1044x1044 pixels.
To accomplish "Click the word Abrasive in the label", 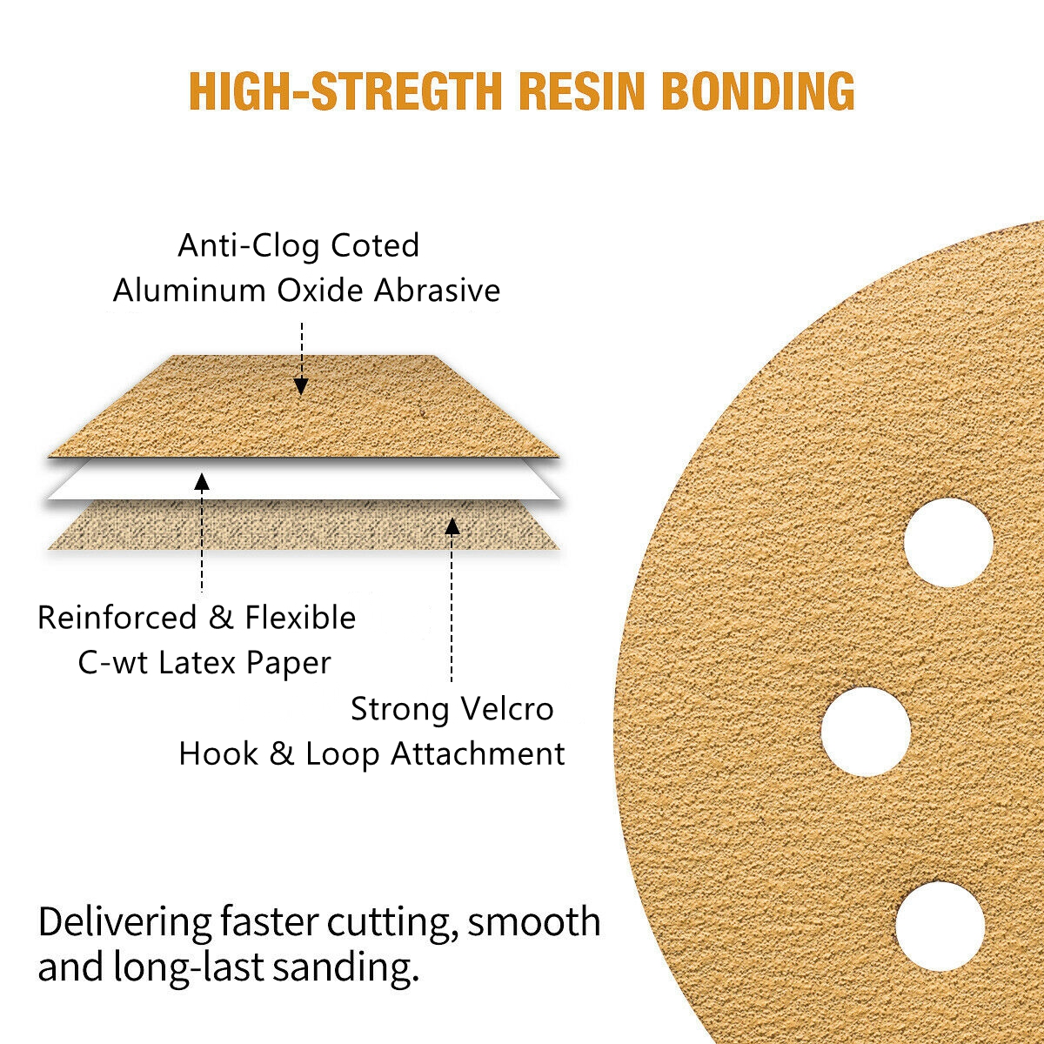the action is [x=438, y=291].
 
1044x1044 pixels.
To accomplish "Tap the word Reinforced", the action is [x=117, y=618].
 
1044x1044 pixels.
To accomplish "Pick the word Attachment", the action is [x=478, y=753].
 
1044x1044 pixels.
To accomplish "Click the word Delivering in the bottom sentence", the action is [x=124, y=923].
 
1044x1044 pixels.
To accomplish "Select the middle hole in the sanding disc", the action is [x=866, y=731].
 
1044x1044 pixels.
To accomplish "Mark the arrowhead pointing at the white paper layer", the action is [x=202, y=482].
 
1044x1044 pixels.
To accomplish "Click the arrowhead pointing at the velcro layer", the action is [x=452, y=525].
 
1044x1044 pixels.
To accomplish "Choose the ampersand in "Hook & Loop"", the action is [x=281, y=753].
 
